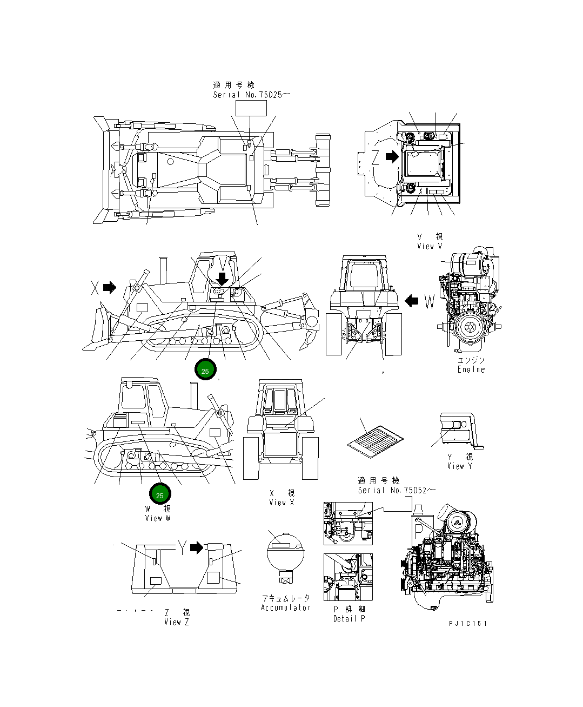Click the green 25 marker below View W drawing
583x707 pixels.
[160, 494]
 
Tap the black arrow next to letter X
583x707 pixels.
[110, 287]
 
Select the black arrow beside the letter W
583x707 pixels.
[412, 300]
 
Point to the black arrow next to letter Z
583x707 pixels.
[391, 157]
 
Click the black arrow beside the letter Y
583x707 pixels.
[197, 547]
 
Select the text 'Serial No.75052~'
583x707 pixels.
[396, 490]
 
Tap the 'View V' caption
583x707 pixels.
[430, 246]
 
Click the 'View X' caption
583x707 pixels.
[282, 503]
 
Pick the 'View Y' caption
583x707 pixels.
[459, 466]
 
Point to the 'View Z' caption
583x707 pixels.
[177, 622]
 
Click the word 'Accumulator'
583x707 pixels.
[286, 607]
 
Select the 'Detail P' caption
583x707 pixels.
[349, 619]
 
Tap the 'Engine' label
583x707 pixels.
[471, 369]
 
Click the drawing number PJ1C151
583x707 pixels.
[468, 623]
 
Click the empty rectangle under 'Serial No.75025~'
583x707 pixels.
[251, 108]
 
